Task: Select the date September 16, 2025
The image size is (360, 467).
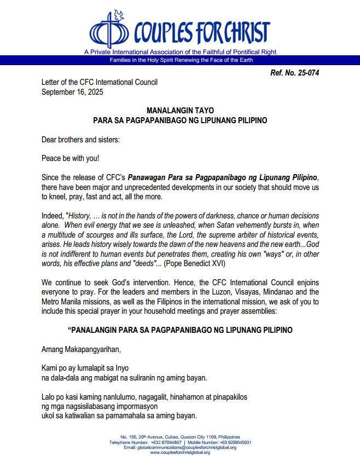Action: coord(72,91)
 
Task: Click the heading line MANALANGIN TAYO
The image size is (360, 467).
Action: coord(180,110)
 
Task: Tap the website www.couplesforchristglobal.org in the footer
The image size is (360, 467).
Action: coord(180,452)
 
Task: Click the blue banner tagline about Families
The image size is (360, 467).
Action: coord(180,59)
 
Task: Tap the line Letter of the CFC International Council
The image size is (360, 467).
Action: coord(100,82)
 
